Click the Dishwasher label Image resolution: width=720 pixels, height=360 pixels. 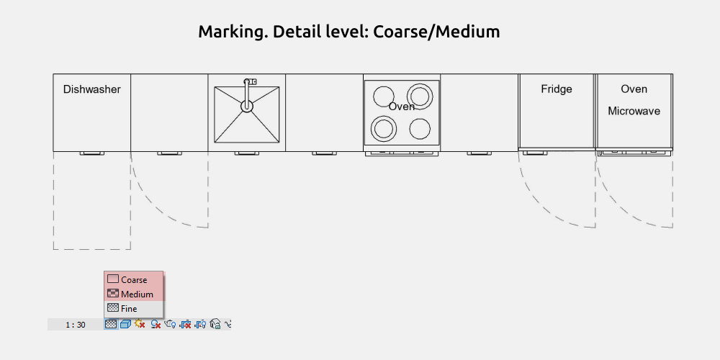(92, 89)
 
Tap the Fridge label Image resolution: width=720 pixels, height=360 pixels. (557, 89)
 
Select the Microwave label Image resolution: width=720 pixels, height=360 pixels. (634, 111)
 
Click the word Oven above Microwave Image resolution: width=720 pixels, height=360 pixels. (634, 89)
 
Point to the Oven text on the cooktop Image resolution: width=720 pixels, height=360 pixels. (402, 107)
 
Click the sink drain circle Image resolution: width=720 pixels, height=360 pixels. (247, 106)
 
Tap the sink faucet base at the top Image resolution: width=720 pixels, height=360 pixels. (251, 82)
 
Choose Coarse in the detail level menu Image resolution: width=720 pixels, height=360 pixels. (134, 279)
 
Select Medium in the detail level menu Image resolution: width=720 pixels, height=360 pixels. (137, 294)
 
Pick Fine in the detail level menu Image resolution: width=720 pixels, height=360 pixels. (129, 309)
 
